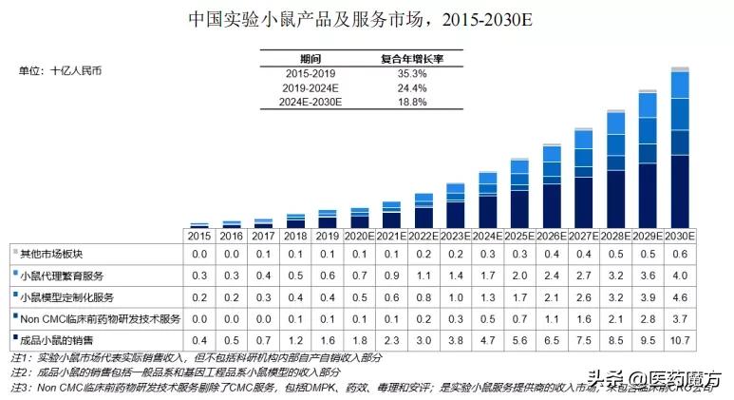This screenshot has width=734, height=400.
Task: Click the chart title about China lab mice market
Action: pos(367,18)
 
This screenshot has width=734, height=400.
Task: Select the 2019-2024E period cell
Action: pos(311,87)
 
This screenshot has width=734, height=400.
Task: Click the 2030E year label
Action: pos(680,235)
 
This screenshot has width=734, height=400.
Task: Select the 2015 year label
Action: pos(198,235)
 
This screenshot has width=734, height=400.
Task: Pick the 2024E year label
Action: pos(487,235)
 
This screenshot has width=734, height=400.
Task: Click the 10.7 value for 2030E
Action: pos(680,338)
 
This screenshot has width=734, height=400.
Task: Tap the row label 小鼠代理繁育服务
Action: pos(57,276)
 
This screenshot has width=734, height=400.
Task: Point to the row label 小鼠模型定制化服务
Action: pos(61,296)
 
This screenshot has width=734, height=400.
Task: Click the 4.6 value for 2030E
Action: pos(680,296)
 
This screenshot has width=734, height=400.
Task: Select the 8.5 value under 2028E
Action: pos(615,338)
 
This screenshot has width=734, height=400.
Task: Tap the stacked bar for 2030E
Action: pos(680,152)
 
